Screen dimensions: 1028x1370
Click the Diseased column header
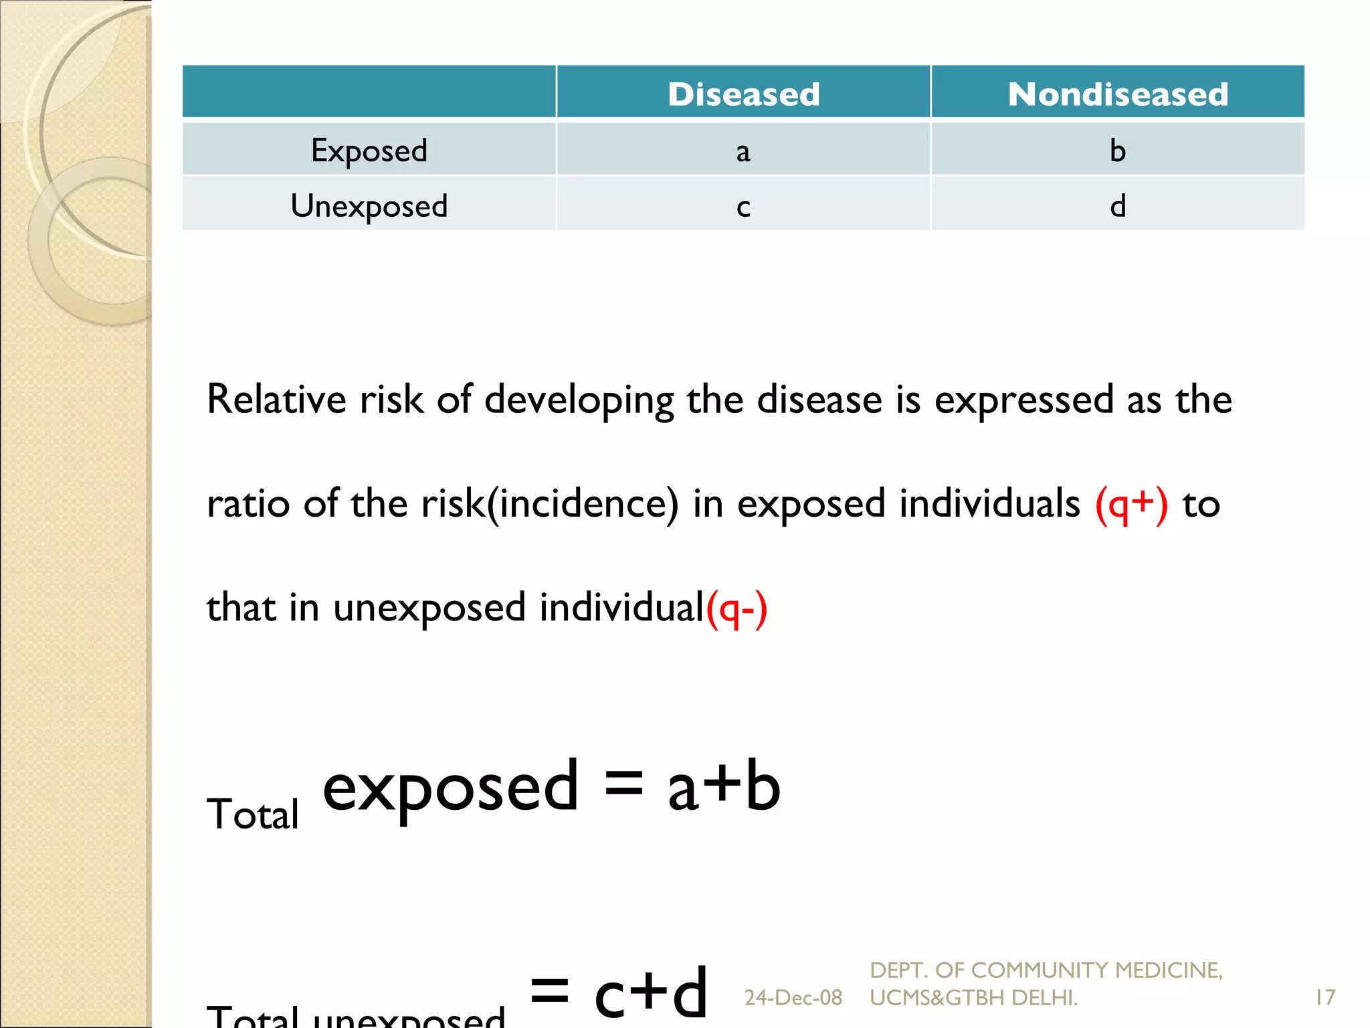[x=743, y=94]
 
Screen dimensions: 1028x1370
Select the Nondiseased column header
[x=1118, y=94]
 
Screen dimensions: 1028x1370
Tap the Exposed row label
[x=369, y=151]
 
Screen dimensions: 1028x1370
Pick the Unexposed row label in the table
[x=369, y=206]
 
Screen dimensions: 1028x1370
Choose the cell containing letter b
[x=1118, y=151]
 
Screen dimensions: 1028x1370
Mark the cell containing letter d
[x=1118, y=206]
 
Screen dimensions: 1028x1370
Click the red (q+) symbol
[x=1131, y=505]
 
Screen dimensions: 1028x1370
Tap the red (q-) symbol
[x=737, y=608]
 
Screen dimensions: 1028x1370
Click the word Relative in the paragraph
[x=276, y=400]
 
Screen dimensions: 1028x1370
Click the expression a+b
[x=724, y=786]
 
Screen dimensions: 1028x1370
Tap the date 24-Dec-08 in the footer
[x=793, y=998]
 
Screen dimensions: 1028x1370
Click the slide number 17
[x=1325, y=998]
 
